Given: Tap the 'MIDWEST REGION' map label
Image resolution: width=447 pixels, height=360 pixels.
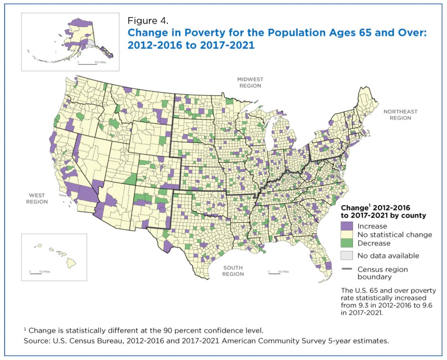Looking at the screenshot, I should [250, 83].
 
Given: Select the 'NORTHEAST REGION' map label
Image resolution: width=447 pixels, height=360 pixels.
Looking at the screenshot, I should [400, 115].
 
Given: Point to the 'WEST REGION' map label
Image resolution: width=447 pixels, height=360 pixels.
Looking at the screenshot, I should [37, 199].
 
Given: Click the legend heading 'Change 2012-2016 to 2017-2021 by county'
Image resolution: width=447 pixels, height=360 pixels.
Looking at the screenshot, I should [383, 212].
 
